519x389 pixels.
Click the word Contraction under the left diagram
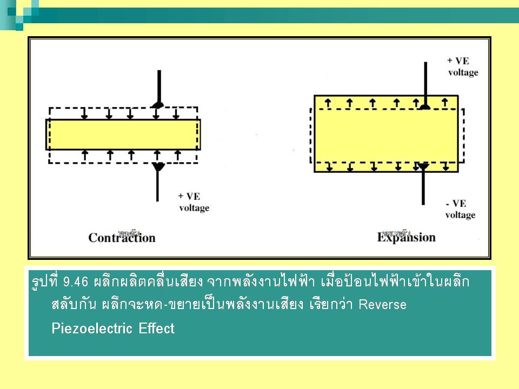click(122, 238)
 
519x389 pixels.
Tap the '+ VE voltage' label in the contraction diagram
click(194, 202)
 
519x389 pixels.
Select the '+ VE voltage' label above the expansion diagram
click(463, 66)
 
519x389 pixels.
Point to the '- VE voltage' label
click(460, 209)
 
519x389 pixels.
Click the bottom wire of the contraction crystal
click(157, 186)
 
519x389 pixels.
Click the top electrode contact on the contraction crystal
click(157, 104)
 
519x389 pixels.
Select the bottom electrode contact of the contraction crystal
click(157, 167)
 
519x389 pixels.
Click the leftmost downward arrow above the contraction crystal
click(84, 113)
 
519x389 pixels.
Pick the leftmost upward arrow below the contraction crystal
click(85, 155)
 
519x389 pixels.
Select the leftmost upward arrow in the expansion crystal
click(327, 102)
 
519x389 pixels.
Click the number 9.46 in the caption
click(76, 282)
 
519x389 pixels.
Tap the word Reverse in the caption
click(383, 304)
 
